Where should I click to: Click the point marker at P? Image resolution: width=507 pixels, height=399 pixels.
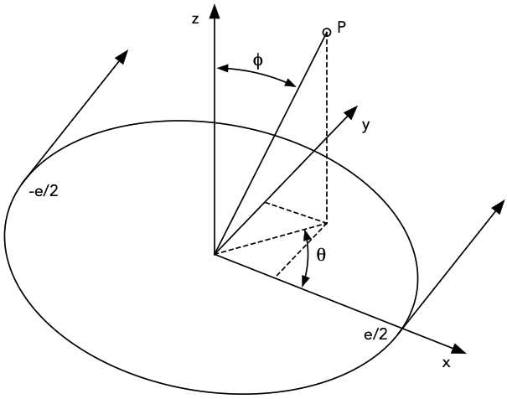click(327, 33)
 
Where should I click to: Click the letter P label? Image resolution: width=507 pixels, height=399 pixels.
click(342, 28)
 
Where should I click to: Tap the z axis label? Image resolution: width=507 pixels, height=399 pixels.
click(195, 18)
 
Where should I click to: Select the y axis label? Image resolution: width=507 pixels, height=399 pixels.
click(365, 125)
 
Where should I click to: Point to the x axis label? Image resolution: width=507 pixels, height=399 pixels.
click(446, 363)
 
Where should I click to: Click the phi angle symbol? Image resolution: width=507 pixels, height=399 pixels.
click(258, 60)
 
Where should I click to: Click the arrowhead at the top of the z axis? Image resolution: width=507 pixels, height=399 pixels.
click(215, 11)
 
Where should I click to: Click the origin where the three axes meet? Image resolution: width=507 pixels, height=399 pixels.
click(215, 253)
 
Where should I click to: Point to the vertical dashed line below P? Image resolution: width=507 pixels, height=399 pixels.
click(327, 126)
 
